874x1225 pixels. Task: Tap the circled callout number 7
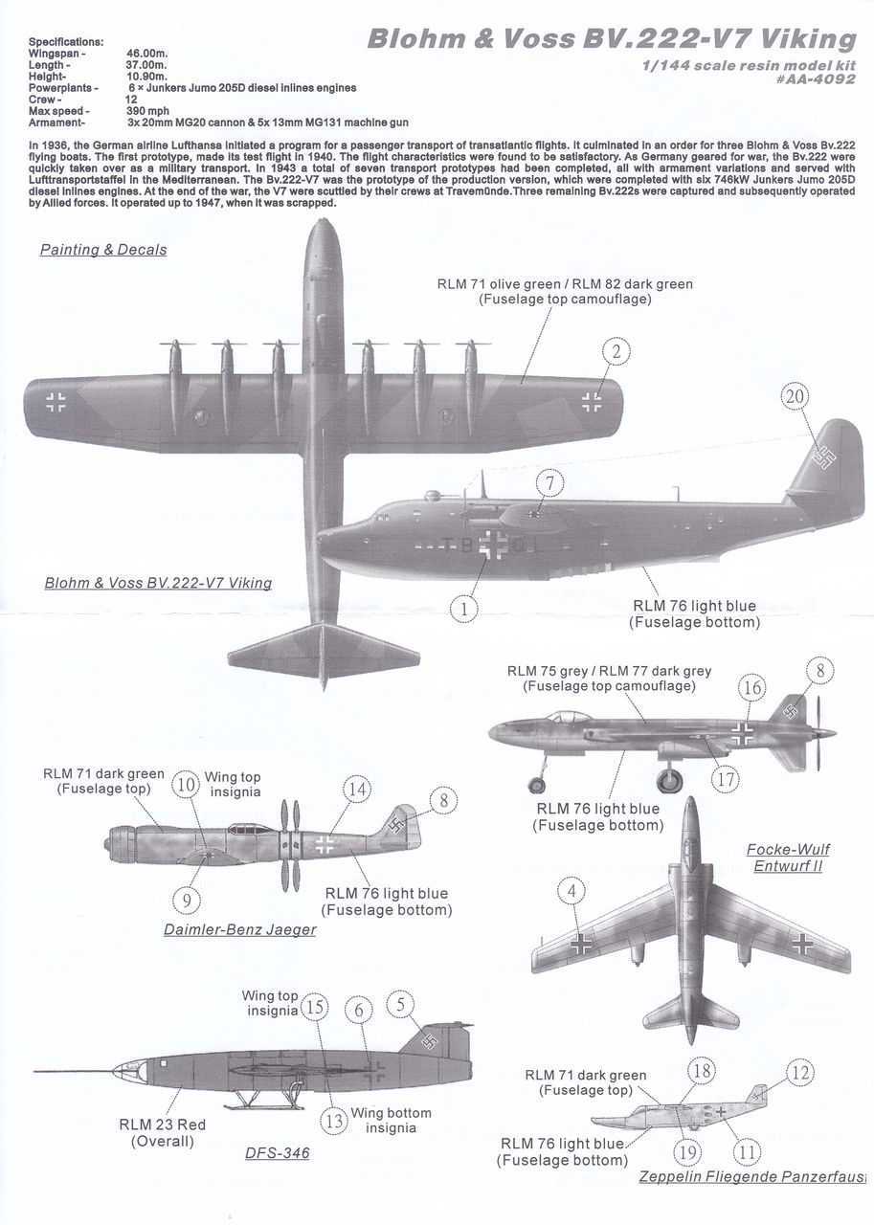pyautogui.click(x=549, y=483)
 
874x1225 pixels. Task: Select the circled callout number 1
pyautogui.click(x=465, y=607)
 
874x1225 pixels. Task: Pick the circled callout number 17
pyautogui.click(x=726, y=779)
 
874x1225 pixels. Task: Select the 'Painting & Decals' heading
pyautogui.click(x=103, y=250)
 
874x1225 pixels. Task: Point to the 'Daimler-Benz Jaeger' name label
pyautogui.click(x=239, y=929)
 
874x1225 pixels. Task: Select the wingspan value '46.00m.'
pyautogui.click(x=146, y=55)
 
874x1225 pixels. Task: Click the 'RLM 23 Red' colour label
pyautogui.click(x=162, y=1125)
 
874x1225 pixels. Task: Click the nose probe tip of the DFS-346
pyautogui.click(x=34, y=1071)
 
